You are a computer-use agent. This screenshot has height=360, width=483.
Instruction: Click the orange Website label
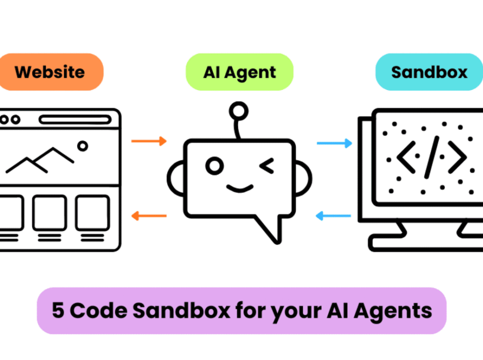tap(50, 72)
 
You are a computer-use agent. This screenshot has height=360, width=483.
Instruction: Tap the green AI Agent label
tap(240, 72)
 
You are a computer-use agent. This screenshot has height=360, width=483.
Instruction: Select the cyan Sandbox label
tap(429, 72)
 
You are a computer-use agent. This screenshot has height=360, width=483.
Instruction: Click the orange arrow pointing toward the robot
tap(149, 142)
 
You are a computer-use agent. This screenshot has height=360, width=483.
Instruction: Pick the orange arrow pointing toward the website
tap(149, 216)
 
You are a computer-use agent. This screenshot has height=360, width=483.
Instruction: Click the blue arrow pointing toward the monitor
tap(335, 144)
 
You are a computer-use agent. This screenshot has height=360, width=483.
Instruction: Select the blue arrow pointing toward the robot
tap(335, 216)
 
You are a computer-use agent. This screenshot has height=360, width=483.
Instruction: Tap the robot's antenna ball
tap(237, 112)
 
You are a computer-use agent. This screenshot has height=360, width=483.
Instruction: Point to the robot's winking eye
tap(267, 166)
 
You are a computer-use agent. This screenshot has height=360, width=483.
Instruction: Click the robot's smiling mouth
tap(240, 188)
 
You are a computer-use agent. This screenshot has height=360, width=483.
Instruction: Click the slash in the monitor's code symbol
tap(431, 157)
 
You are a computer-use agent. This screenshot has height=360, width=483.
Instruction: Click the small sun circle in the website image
tap(82, 146)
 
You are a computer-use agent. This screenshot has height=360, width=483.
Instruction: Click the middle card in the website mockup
tap(49, 213)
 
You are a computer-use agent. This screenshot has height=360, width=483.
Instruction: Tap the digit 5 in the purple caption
tap(58, 311)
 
